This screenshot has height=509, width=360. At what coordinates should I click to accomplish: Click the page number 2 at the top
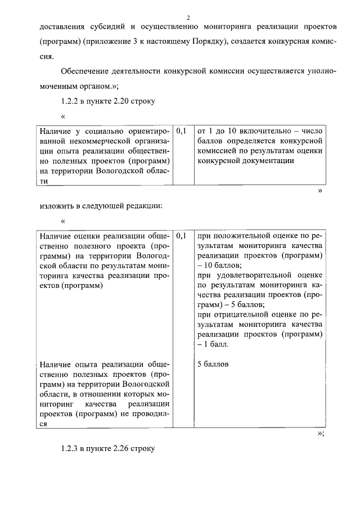tap(189, 16)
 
